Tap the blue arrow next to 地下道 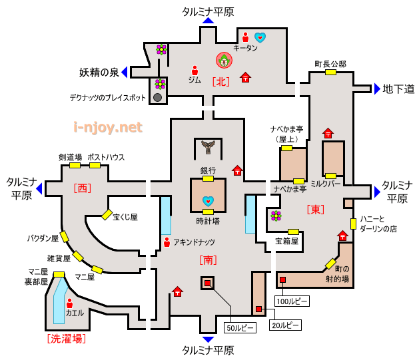coord(377,89)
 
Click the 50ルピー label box coord(239,327)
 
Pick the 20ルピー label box coord(285,325)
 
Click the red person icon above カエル coord(70,303)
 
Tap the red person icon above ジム coord(195,69)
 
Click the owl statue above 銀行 coord(208,148)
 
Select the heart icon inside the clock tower coord(209,200)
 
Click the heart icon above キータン coord(260,37)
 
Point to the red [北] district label coord(221,82)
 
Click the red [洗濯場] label coord(66,339)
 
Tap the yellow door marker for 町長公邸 coord(330,73)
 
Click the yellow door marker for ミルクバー coord(330,176)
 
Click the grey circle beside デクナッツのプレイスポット coord(158,97)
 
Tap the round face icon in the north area coord(224,61)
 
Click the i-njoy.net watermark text coord(108,126)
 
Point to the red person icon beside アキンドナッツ coord(166,242)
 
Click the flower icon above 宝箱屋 coord(276,216)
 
